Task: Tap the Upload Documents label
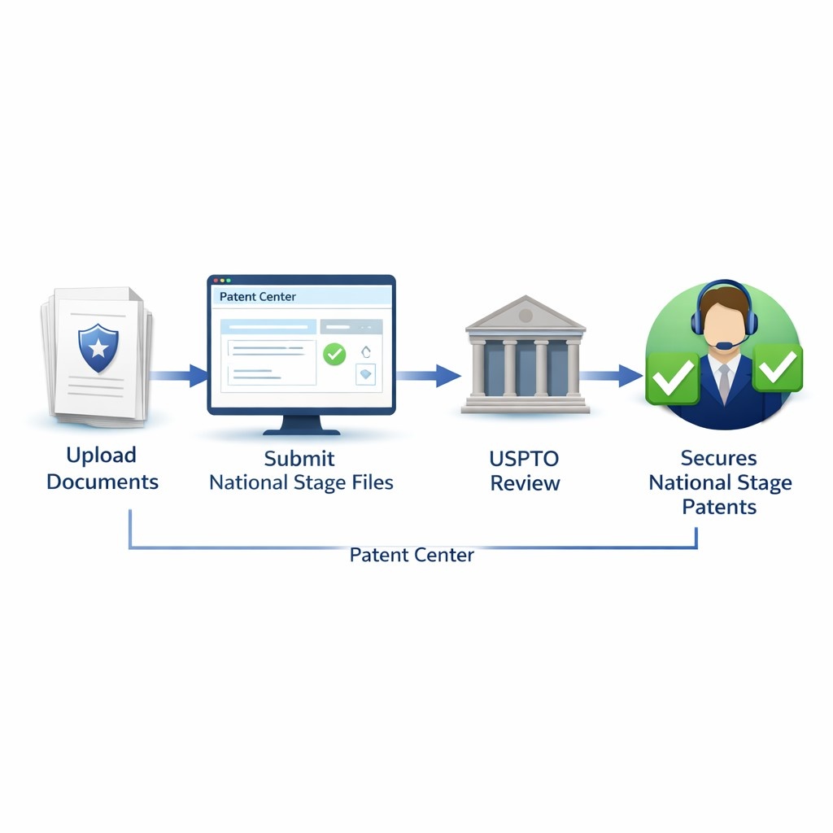(102, 469)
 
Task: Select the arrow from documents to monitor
(181, 376)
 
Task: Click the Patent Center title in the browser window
(258, 297)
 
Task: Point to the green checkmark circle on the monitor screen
(334, 354)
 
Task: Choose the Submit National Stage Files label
(301, 470)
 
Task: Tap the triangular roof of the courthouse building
(525, 313)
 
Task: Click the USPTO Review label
(525, 470)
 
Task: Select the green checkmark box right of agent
(778, 369)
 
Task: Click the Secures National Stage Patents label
(719, 482)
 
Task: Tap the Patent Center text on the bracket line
(412, 556)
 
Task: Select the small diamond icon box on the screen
(366, 374)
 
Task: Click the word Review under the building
(525, 483)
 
